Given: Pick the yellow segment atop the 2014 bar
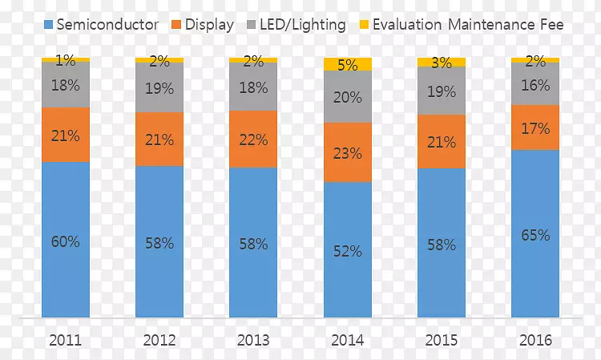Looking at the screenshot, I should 348,64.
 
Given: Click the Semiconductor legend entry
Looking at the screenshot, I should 99,25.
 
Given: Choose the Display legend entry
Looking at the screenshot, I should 201,25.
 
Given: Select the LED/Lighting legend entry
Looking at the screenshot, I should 295,25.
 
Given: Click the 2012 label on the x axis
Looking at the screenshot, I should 159,340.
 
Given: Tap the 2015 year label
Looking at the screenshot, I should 442,340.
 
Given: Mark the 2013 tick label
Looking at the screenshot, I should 253,340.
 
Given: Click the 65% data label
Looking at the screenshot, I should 535,236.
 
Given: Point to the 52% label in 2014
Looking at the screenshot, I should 348,251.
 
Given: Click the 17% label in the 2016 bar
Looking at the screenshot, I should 535,128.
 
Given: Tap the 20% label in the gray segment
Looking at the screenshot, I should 348,97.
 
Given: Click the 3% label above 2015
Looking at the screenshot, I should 442,63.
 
